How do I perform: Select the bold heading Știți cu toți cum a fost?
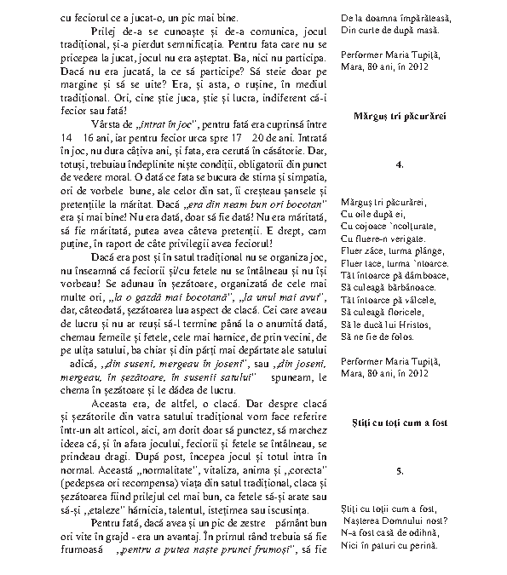coord(400,423)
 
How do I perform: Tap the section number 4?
coord(400,163)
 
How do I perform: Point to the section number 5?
coord(400,471)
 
